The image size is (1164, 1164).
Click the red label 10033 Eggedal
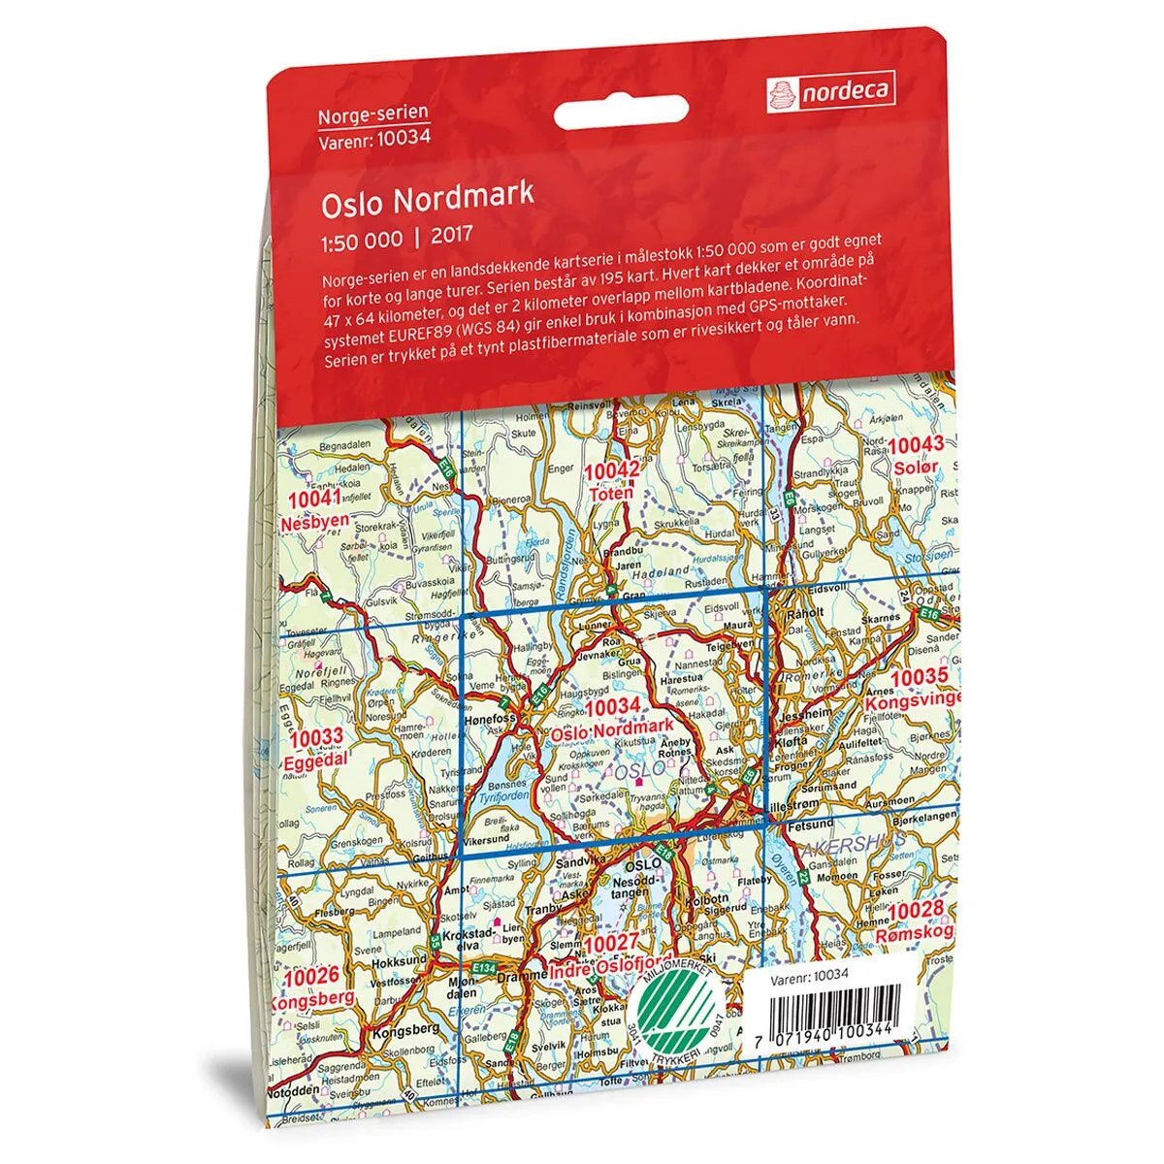click(x=316, y=749)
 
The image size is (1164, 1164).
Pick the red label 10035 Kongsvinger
click(x=922, y=687)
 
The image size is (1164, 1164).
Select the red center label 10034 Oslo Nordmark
click(x=612, y=718)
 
